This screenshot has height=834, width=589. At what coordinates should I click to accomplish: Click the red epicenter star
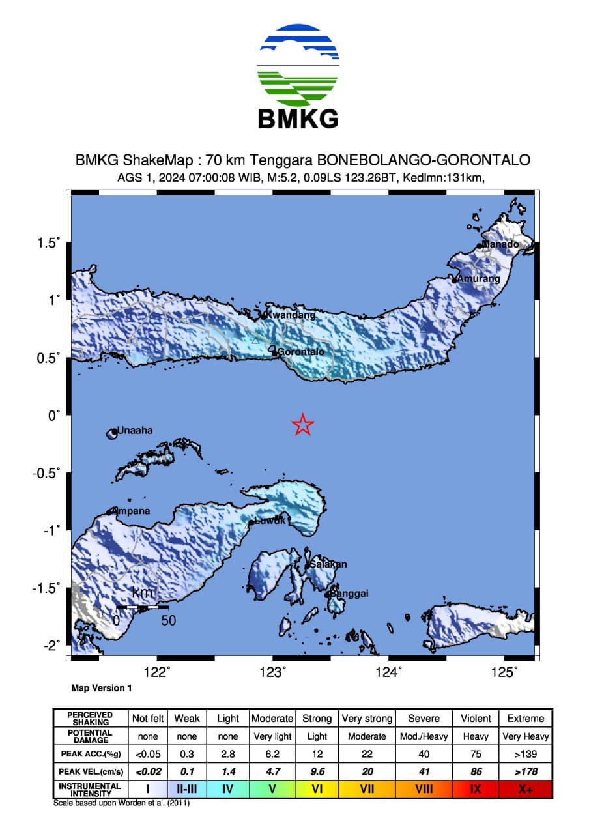coord(302,425)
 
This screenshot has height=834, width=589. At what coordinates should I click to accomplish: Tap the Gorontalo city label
coord(301,352)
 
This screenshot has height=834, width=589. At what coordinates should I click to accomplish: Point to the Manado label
coord(500,244)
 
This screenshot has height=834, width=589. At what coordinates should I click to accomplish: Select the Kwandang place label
coord(291,315)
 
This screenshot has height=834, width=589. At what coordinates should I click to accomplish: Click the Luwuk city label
coord(269,521)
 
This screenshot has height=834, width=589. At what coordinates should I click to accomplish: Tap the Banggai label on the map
coord(349,594)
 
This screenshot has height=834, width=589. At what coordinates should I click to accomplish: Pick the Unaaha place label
coord(135,430)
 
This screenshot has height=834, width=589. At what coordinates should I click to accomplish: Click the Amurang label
coord(479,279)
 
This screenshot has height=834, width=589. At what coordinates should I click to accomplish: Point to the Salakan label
coord(328,564)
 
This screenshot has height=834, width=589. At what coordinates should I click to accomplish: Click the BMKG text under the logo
coord(298,119)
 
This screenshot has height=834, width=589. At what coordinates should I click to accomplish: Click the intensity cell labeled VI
coord(317,789)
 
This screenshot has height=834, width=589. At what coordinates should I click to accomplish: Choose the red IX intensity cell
coord(476,789)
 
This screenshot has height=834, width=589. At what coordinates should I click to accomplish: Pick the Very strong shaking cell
coord(367,719)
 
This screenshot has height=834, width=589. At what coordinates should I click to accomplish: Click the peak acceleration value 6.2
coord(272,754)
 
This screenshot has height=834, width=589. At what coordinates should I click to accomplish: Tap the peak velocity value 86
coord(476,771)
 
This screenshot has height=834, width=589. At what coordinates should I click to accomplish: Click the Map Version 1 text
coord(101,688)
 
